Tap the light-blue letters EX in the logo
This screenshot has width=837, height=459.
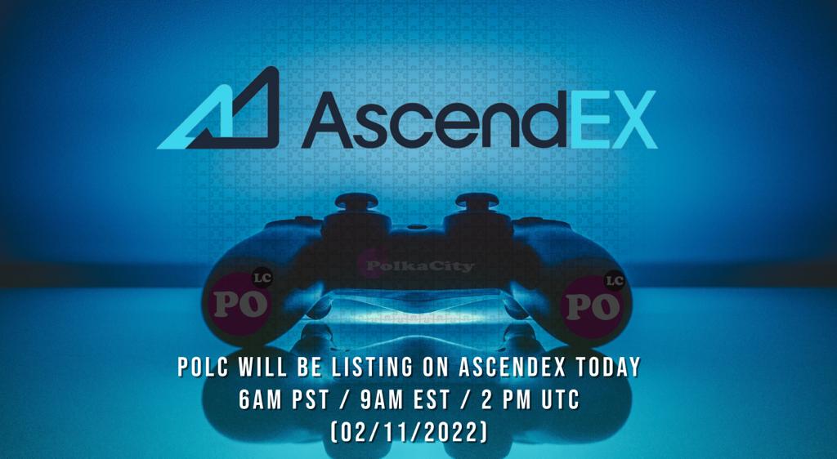point(610,119)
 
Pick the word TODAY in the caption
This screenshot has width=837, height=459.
point(610,368)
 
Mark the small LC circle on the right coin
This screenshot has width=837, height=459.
point(615,281)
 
